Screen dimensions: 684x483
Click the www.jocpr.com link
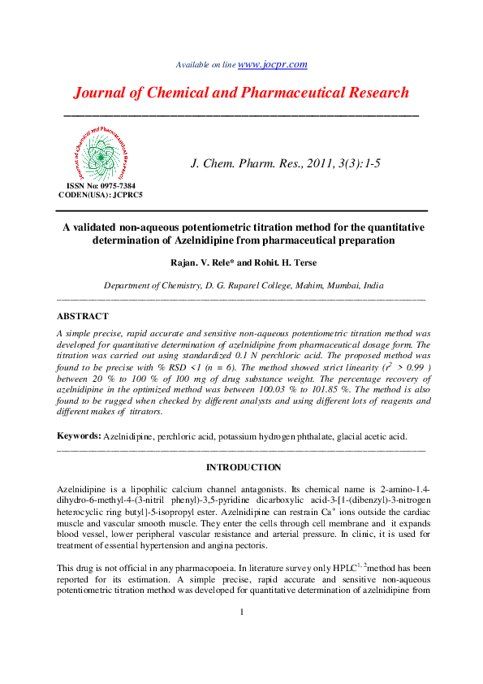click(x=272, y=64)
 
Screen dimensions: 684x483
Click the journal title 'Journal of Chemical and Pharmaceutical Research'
click(x=241, y=92)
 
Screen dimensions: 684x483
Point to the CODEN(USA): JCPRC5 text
click(x=101, y=195)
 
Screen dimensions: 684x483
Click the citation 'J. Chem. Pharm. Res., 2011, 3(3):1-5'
click(x=285, y=163)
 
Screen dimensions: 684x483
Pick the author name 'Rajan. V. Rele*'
click(x=200, y=263)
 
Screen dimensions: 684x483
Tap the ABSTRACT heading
click(x=82, y=317)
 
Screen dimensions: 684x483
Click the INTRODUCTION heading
click(x=243, y=468)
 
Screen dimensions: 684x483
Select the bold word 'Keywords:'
click(x=78, y=436)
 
